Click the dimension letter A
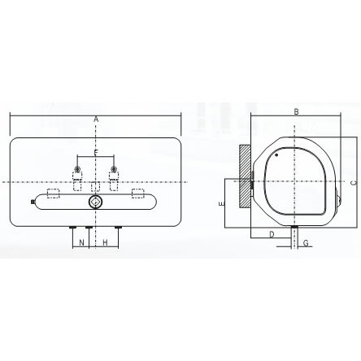(96, 120)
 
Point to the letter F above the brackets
(96, 153)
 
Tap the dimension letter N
(81, 242)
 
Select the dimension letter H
(105, 242)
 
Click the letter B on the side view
(297, 111)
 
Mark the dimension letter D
(272, 234)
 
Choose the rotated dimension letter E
(222, 204)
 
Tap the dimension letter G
(306, 243)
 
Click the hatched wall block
(245, 176)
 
